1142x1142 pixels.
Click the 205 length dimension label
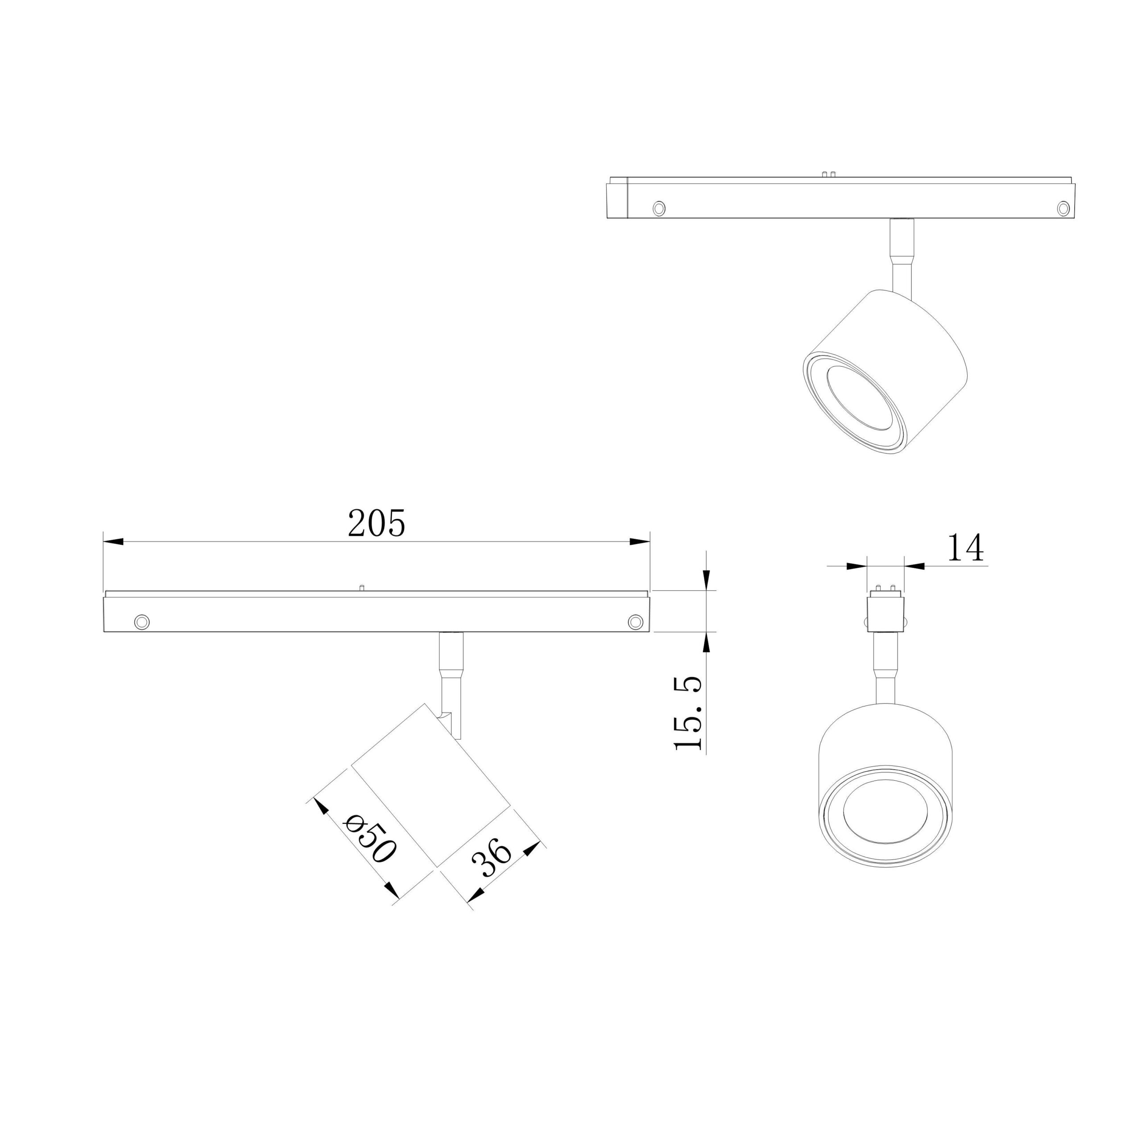(x=377, y=523)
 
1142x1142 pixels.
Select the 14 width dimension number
(x=965, y=547)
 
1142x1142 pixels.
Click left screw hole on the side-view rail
(x=142, y=622)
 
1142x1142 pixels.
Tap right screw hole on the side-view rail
(x=635, y=621)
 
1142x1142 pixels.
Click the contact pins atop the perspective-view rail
(x=828, y=174)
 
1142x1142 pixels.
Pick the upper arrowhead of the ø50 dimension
(x=320, y=806)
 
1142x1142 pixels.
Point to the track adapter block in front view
(x=885, y=613)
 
